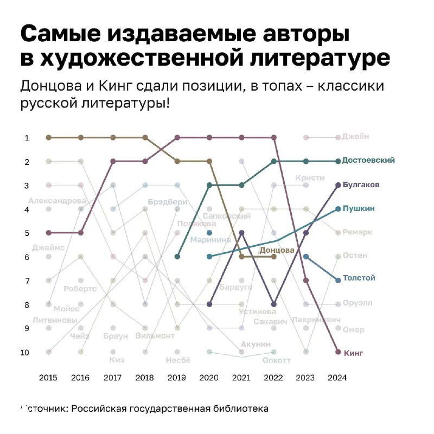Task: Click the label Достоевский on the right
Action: tap(368, 161)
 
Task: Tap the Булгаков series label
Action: tap(361, 185)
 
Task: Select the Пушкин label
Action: tap(358, 208)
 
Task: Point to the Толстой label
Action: tap(359, 278)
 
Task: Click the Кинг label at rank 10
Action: tap(354, 353)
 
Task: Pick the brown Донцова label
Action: tap(277, 250)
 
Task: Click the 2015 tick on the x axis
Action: tap(49, 378)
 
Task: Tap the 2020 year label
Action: tap(209, 378)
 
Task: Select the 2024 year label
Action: tap(337, 378)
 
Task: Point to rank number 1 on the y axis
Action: tap(27, 138)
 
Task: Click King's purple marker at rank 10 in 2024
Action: tap(338, 352)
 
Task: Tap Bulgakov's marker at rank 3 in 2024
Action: tap(338, 185)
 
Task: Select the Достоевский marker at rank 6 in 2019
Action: tap(177, 257)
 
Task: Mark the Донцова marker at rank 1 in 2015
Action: tap(49, 137)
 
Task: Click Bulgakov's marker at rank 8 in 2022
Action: tap(274, 304)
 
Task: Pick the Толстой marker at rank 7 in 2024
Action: tap(338, 280)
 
